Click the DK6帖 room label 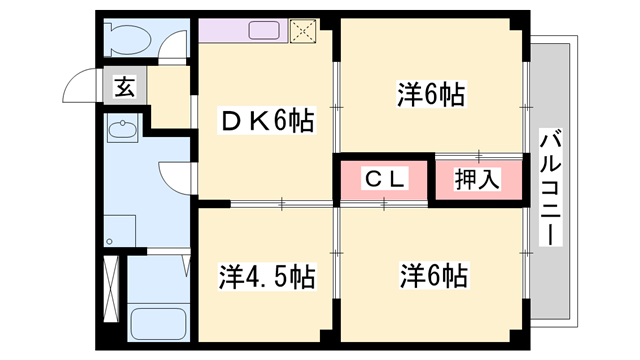(x=267, y=121)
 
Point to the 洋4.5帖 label (x=267, y=275)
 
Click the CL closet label (x=385, y=180)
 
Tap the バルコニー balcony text (x=549, y=186)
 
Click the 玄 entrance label (x=124, y=86)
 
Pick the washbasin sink (x=124, y=130)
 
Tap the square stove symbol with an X (x=302, y=31)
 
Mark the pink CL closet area (x=383, y=181)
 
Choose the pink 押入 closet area (x=478, y=181)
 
